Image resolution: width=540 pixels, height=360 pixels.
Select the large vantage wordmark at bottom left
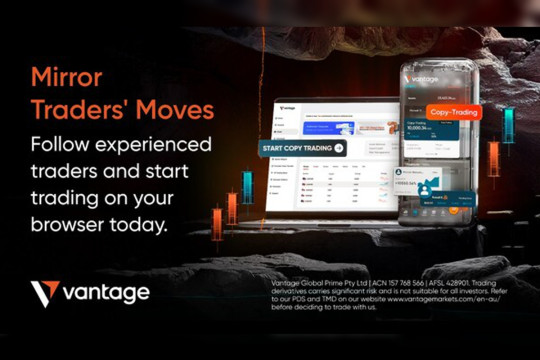pos(106,293)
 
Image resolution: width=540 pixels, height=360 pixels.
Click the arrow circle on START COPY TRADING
pos(339,148)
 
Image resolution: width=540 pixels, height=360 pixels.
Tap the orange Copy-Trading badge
pos(453,113)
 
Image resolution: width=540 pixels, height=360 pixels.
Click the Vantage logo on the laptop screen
pos(290,107)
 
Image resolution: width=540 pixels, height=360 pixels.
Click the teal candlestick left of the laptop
pos(247,187)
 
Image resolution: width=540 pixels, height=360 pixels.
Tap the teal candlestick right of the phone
pos(509,125)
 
